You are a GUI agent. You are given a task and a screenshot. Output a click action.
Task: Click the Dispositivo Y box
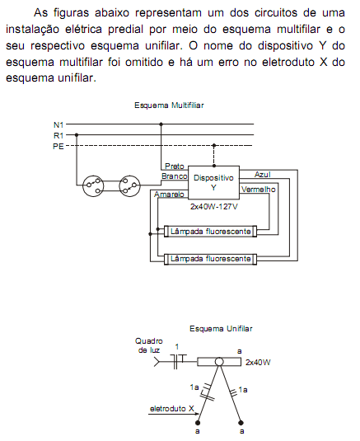pos(213,182)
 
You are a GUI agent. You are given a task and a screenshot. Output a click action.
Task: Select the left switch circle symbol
pos(93,185)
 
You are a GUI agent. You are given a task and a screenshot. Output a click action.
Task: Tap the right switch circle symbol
pos(129,185)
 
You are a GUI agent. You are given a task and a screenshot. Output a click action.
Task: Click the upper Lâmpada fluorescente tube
pos(211,232)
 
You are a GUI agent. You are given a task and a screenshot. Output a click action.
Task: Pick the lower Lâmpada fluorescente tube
pos(211,259)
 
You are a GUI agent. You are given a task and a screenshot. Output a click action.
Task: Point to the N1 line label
pos(58,124)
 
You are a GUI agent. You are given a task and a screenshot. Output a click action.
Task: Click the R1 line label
pos(58,135)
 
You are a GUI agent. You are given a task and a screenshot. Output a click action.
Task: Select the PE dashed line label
pos(58,146)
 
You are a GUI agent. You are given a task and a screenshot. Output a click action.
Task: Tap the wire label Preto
pos(175,167)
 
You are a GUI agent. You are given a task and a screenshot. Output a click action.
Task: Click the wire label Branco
pos(175,176)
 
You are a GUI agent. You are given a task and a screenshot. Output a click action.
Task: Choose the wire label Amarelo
pos(169,195)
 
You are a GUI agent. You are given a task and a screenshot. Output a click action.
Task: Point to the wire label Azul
pos(263,175)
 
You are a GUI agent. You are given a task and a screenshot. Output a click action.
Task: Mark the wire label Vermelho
pos(259,190)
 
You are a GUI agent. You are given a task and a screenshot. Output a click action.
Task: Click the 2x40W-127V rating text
pos(214,207)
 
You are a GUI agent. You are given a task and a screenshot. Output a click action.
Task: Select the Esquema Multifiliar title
pos(169,106)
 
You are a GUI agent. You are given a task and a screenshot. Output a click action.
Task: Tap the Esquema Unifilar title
pos(221,329)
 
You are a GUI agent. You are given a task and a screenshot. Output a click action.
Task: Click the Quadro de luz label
pos(149,345)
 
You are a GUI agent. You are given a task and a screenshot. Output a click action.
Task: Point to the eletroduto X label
pos(172,408)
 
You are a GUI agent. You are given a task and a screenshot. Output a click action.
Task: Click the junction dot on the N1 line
pos(161,124)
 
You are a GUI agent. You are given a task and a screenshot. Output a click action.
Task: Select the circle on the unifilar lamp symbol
pos(219,362)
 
